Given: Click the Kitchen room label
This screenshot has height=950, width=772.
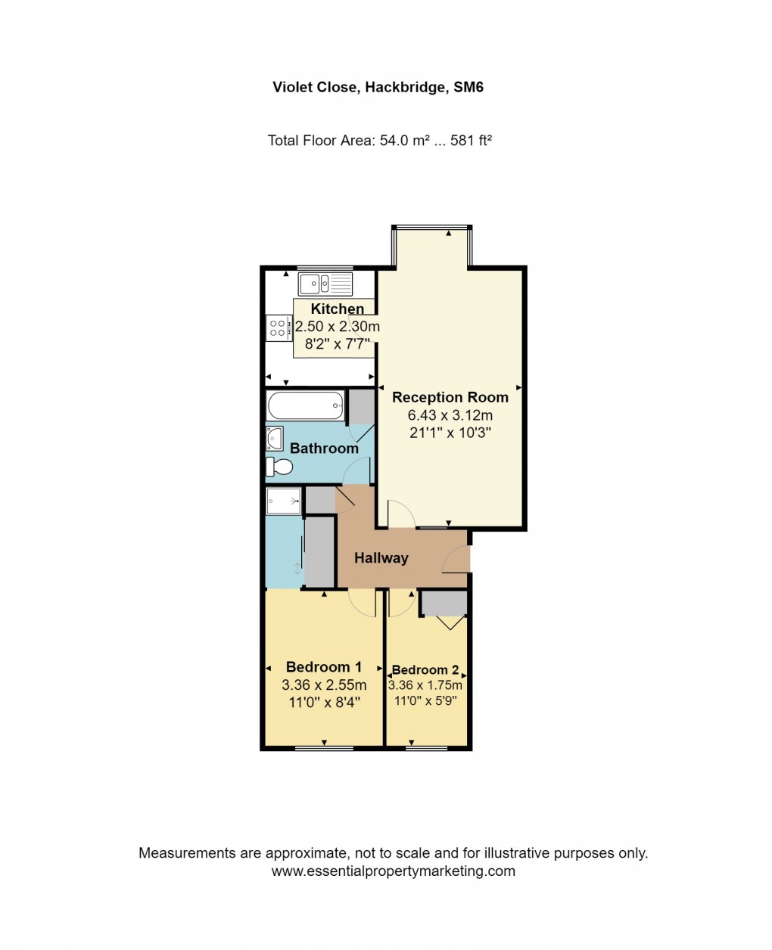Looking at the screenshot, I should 338,309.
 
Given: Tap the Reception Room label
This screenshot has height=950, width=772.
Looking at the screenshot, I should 450,397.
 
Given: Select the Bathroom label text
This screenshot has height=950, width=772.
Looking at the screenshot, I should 324,449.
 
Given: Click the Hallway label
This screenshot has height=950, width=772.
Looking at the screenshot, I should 381,558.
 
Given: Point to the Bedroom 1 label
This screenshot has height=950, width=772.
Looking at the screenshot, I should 323,667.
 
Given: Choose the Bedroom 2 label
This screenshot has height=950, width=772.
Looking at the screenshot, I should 425,669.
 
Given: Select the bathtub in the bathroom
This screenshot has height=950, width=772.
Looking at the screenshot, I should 305,406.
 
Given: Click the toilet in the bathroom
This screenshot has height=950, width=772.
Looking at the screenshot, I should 279,466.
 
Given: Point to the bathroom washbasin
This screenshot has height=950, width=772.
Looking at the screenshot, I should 273,438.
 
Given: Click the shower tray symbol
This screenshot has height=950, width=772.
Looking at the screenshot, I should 284,500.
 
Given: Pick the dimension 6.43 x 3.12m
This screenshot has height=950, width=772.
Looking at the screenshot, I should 450,415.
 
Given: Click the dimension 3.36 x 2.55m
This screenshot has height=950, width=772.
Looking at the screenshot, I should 324,685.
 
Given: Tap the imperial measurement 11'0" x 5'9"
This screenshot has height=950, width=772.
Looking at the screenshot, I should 425,700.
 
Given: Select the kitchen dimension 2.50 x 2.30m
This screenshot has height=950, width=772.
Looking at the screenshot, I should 338,327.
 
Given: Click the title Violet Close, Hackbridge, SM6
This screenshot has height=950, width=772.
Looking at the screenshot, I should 378,87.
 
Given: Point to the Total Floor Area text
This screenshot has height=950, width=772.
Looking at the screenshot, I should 380,140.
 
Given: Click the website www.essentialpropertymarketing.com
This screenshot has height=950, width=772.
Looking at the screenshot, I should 393,871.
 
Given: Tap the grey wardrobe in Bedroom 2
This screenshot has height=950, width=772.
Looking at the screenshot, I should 444,604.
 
